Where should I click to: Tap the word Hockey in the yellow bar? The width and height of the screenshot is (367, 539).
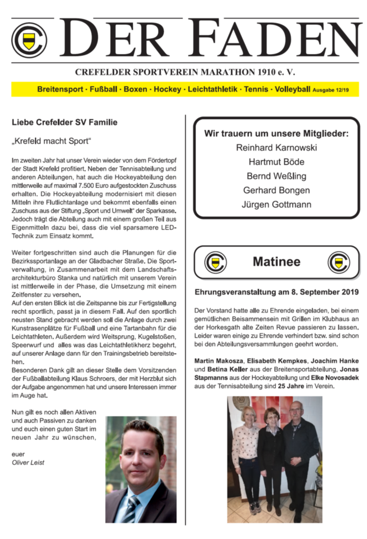tap(167, 89)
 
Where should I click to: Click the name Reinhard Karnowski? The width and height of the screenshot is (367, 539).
tap(276, 148)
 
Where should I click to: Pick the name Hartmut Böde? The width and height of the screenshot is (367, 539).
tap(276, 162)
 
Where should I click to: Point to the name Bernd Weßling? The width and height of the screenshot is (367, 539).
tap(276, 176)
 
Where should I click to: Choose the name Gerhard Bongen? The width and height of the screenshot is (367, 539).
tap(276, 190)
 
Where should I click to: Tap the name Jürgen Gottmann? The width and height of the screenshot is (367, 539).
tap(276, 205)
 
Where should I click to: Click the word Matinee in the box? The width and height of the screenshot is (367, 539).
tap(276, 262)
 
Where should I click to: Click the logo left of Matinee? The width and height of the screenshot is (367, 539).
tap(215, 262)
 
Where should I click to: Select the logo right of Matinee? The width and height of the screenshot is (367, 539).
tap(338, 262)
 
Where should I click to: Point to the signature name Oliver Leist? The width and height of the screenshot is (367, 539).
tap(28, 463)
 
